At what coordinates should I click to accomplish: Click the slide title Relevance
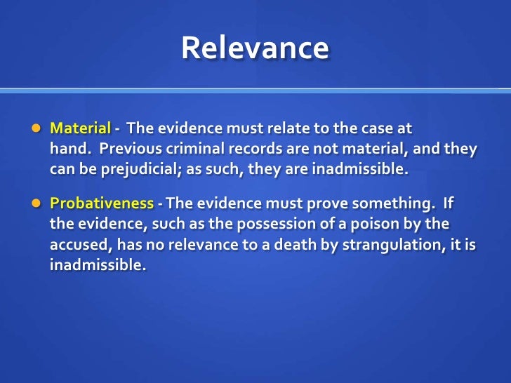coord(255,48)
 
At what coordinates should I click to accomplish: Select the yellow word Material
coord(80,129)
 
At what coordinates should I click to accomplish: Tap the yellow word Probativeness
coord(101,203)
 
